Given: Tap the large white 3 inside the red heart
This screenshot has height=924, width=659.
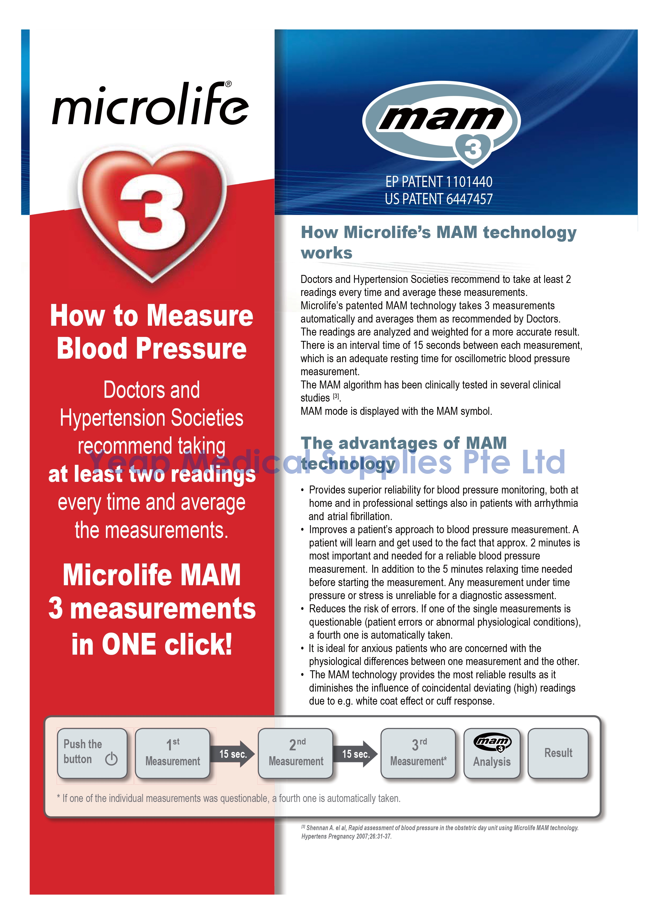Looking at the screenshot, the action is (x=152, y=211).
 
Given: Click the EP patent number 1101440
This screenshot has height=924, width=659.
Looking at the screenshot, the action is (x=469, y=182).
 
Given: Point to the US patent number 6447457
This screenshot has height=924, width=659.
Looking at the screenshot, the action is (x=469, y=199).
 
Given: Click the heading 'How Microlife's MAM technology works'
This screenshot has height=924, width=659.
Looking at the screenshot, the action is (x=438, y=242).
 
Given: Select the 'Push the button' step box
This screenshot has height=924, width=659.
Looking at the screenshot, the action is (x=93, y=753).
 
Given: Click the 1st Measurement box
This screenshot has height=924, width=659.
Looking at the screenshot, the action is (x=173, y=753).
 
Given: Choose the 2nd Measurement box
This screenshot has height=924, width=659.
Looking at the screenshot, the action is (x=296, y=753).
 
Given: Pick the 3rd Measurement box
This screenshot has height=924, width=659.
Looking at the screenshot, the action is (x=418, y=753).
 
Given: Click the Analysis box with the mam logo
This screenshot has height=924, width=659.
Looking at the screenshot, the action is (x=492, y=753).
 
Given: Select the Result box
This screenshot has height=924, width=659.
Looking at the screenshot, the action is (x=558, y=753).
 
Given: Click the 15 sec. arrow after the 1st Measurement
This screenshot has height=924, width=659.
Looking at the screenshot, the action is (x=233, y=754).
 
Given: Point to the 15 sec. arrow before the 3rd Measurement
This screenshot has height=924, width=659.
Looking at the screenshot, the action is (x=355, y=754).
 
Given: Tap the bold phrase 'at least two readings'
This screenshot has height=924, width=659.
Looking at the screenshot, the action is (x=152, y=474).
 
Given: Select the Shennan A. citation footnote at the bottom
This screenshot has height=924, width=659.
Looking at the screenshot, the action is (x=440, y=832).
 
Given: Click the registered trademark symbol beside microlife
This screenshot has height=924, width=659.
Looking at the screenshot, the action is (x=228, y=84).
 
